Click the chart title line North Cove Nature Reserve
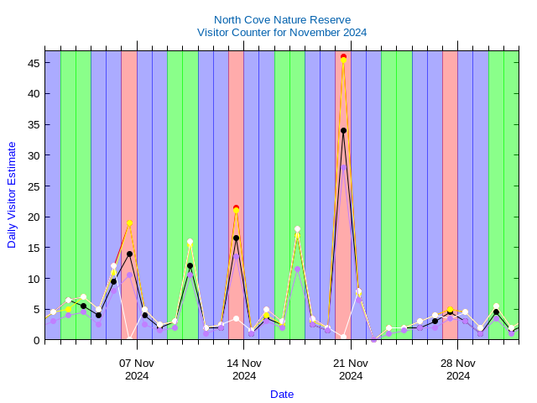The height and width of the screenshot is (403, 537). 282,19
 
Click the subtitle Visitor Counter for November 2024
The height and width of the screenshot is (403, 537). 282,32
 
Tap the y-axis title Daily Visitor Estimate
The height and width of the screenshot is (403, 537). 12,194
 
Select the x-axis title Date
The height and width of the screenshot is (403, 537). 282,394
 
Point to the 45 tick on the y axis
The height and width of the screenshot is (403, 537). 33,63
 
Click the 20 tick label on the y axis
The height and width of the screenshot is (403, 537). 33,217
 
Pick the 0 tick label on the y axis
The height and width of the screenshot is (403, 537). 36,340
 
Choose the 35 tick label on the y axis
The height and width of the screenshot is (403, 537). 33,124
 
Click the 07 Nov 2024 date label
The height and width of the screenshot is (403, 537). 137,369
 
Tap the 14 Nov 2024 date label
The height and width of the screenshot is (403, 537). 244,369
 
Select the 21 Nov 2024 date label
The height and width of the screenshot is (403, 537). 351,369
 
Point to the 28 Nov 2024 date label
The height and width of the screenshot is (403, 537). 457,369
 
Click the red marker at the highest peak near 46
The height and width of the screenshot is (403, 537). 343,56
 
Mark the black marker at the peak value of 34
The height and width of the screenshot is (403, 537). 343,130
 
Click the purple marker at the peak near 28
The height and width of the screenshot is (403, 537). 343,167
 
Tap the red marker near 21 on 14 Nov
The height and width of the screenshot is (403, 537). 236,207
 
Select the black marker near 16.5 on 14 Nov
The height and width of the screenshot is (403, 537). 236,238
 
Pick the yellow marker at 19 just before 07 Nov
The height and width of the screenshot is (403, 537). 129,222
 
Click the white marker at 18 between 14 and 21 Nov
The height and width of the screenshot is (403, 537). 297,228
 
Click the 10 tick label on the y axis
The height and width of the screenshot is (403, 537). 33,279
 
